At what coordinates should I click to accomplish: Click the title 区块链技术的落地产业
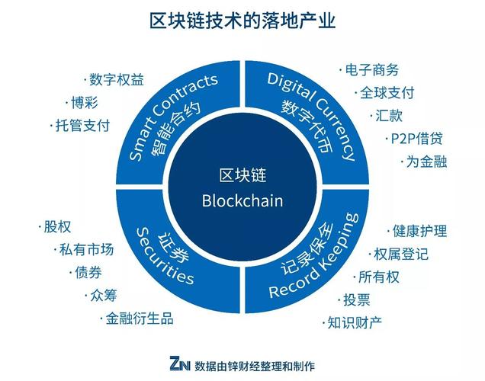pyautogui.click(x=242, y=21)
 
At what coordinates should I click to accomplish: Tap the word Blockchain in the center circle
pyautogui.click(x=242, y=200)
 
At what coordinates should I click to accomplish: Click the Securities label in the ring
pyautogui.click(x=165, y=257)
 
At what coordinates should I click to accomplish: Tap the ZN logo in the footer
pyautogui.click(x=180, y=363)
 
